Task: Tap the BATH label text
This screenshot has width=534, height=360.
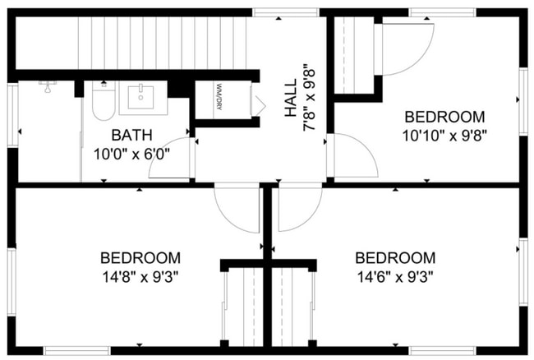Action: coord(132,135)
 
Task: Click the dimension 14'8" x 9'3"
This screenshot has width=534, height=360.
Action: coord(140,276)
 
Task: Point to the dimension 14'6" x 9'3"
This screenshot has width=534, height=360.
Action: coord(395,276)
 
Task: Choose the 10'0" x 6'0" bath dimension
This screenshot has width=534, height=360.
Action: coord(132,152)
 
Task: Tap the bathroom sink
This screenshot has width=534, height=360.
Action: coord(143,97)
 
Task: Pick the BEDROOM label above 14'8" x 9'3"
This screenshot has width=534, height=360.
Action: coord(140,257)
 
